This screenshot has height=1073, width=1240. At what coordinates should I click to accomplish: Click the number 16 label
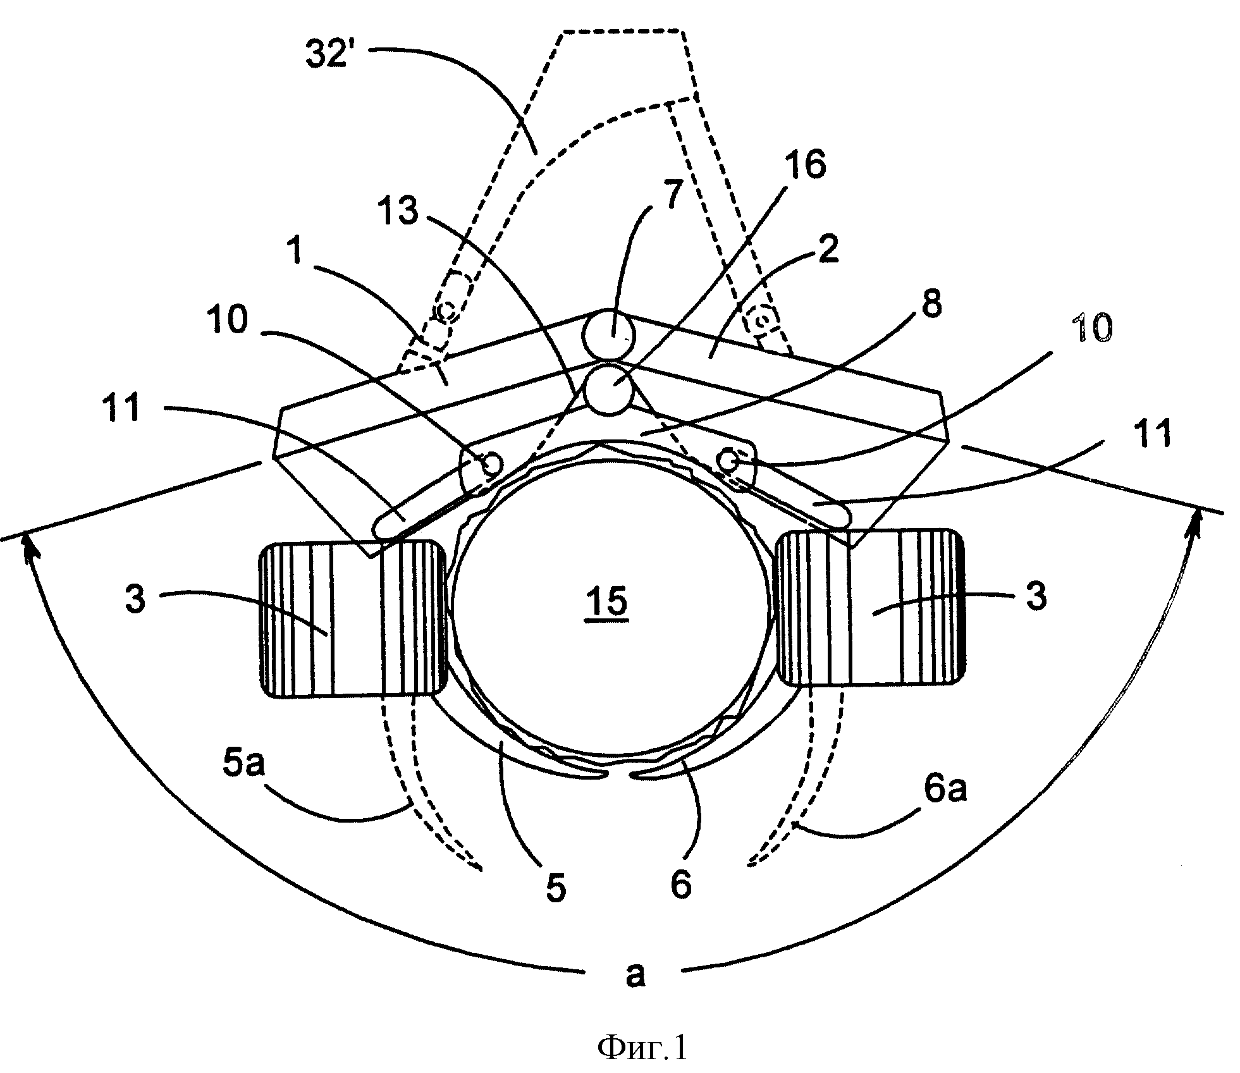[x=805, y=164]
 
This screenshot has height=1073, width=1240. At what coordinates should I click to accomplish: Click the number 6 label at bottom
[x=680, y=884]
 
